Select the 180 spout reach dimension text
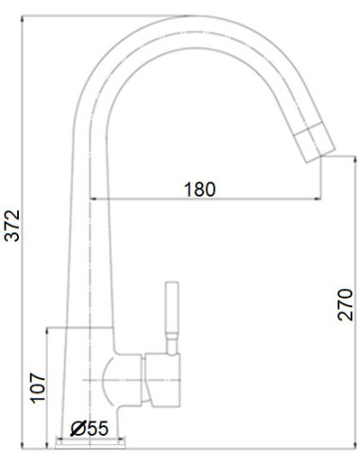tap(199, 189)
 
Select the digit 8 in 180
tap(199, 189)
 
